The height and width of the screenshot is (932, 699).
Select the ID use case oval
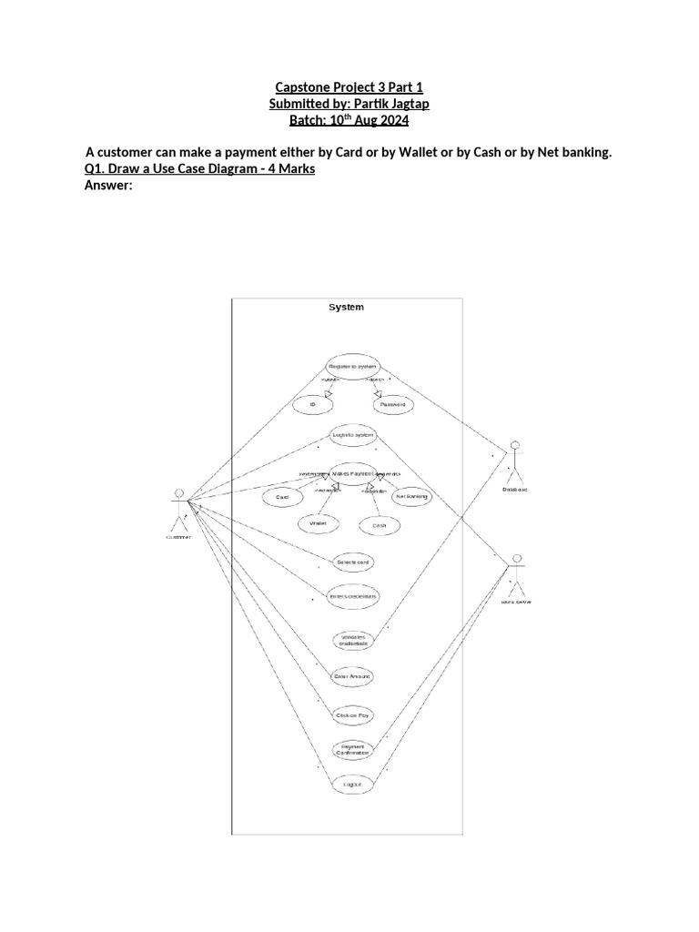[311, 403]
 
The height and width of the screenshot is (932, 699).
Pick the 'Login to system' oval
[351, 435]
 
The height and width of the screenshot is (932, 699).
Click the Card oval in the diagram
[282, 498]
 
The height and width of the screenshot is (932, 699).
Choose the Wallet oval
[318, 524]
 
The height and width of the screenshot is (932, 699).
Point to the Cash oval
[380, 525]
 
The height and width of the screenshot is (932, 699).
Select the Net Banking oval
[411, 497]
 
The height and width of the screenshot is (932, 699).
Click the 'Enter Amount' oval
[351, 676]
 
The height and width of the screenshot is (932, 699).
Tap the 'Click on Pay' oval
[351, 715]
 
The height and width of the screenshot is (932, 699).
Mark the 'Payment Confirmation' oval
[351, 750]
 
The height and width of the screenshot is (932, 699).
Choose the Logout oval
[351, 783]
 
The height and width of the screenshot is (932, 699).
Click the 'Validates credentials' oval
[351, 640]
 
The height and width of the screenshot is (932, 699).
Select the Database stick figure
[514, 461]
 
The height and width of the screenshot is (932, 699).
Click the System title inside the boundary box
[346, 308]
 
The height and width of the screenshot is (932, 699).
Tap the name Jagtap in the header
[404, 105]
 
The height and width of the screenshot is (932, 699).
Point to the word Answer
[108, 186]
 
